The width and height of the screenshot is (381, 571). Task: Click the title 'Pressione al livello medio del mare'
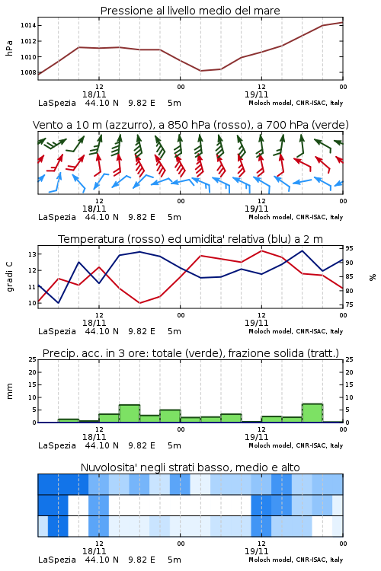(190, 11)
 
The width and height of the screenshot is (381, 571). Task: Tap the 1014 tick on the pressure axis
(28, 25)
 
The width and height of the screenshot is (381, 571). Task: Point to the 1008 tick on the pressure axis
(28, 72)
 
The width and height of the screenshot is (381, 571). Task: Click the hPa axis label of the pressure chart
(9, 48)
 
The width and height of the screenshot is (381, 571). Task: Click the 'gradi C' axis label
(10, 277)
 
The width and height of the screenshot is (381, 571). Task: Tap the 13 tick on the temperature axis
(32, 254)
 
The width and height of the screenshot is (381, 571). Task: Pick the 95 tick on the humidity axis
(349, 248)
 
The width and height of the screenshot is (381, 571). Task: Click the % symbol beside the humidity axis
(373, 277)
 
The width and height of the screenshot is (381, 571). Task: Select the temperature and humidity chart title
(190, 239)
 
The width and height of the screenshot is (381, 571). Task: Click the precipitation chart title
(190, 353)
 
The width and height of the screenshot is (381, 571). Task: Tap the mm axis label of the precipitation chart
(9, 391)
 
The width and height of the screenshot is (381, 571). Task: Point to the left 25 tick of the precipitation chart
(32, 359)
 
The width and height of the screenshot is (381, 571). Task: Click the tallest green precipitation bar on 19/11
(312, 413)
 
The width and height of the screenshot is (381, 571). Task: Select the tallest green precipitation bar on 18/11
(130, 413)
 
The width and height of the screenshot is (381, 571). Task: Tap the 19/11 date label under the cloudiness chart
(256, 551)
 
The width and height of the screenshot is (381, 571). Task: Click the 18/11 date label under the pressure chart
(94, 94)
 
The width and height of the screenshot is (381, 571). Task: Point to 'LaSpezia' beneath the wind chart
(57, 218)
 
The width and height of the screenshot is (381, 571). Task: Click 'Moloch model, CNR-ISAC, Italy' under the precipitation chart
(296, 445)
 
